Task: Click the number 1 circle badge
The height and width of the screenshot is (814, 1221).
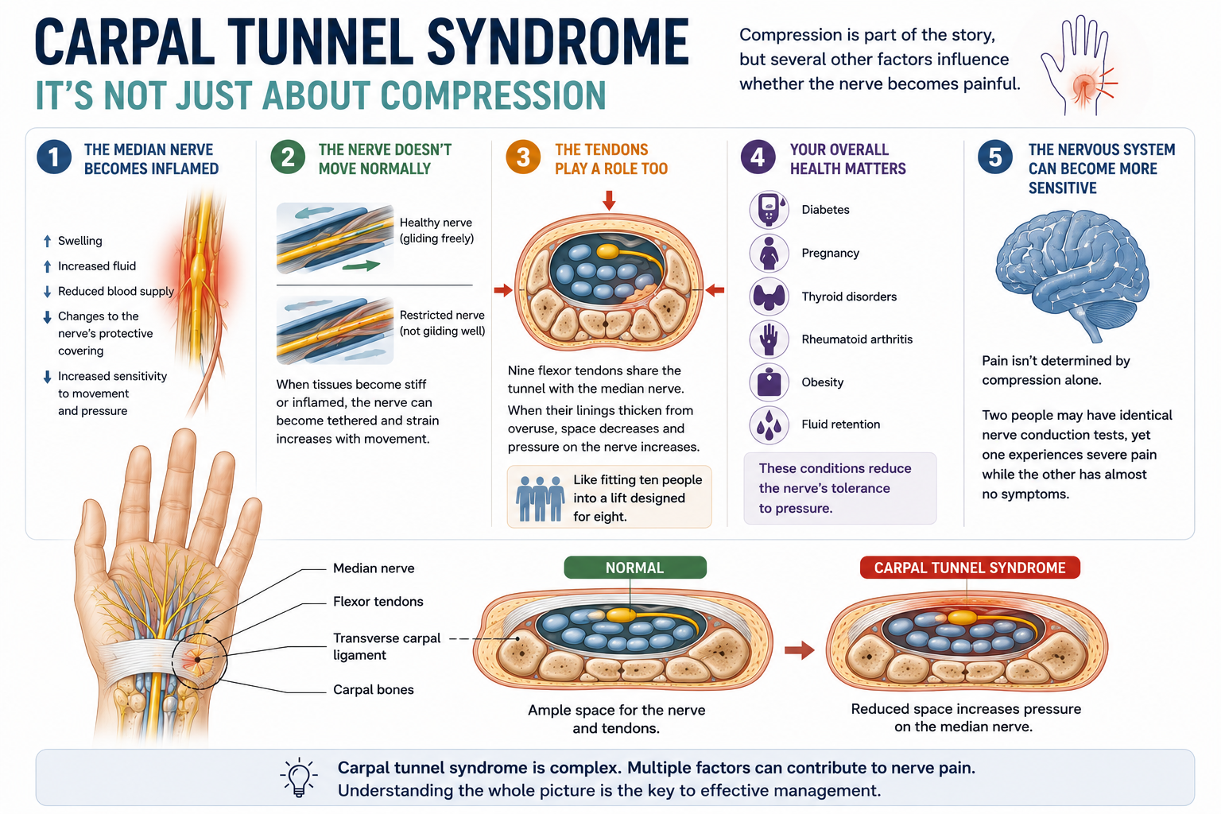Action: (x=54, y=157)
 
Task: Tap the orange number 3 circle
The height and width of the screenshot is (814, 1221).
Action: (x=523, y=157)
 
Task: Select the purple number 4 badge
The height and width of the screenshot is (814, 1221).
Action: (x=758, y=157)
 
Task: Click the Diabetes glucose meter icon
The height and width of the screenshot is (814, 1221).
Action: (x=769, y=209)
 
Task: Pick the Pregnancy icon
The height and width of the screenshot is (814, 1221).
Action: (x=769, y=253)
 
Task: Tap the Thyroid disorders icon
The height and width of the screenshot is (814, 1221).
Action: (x=769, y=296)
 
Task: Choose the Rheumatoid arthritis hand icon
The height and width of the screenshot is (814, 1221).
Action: (x=769, y=339)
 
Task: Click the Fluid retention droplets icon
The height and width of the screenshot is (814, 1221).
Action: (x=769, y=424)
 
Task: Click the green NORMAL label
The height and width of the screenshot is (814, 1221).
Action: (x=635, y=568)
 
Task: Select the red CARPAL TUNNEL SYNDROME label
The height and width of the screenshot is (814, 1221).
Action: (x=970, y=568)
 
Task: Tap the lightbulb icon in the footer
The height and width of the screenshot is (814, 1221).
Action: (x=298, y=777)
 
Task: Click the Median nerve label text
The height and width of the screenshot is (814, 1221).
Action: (x=374, y=568)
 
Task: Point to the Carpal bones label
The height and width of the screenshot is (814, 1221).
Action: (x=374, y=690)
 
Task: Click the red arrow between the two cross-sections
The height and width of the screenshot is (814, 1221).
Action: (x=800, y=650)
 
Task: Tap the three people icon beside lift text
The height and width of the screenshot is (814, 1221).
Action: (x=540, y=498)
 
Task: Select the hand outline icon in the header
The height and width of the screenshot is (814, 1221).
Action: (x=1076, y=65)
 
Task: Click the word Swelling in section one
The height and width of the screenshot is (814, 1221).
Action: (x=80, y=240)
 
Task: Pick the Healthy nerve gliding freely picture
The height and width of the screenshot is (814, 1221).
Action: (x=335, y=238)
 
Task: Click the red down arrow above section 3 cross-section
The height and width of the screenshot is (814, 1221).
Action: (x=609, y=200)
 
